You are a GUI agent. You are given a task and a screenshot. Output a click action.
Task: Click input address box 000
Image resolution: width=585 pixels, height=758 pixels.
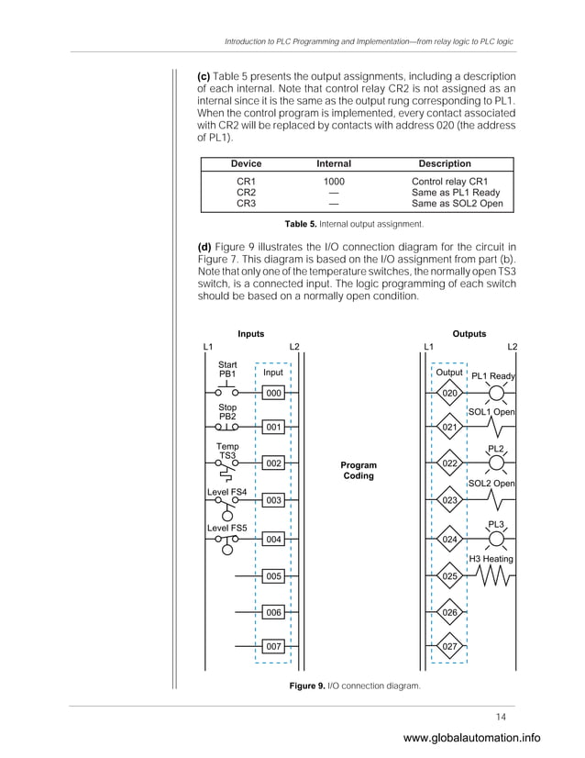[x=273, y=393]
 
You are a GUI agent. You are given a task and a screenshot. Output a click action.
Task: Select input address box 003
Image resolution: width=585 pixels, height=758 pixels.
[x=273, y=501]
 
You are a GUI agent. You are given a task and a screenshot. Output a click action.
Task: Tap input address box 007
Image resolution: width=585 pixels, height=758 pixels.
[x=273, y=647]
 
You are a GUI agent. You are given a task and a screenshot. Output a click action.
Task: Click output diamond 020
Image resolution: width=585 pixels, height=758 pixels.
[x=449, y=394]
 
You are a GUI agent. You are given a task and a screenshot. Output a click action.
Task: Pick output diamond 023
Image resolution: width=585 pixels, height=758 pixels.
[x=449, y=501]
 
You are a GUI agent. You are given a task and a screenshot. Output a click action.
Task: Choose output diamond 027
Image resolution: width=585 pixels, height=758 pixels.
[x=449, y=647]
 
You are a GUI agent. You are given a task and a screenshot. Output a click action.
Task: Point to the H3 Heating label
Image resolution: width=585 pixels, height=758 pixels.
[x=491, y=559]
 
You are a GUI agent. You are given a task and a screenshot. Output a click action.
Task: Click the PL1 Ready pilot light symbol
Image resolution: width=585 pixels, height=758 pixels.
[x=496, y=394]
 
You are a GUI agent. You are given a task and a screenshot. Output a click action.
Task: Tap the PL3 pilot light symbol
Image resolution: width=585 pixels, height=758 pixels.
[x=496, y=540]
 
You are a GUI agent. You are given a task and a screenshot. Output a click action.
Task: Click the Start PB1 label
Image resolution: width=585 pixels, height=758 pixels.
[x=226, y=370]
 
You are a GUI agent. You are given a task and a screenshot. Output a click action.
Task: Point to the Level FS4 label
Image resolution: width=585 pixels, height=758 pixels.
[x=226, y=492]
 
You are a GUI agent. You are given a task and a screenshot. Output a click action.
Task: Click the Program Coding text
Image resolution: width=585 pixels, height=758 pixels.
[x=359, y=471]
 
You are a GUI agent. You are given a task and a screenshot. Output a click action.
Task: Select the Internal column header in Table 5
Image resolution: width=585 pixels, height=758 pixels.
[x=334, y=164]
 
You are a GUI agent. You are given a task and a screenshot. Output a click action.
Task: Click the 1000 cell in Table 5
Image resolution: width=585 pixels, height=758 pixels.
[x=334, y=182]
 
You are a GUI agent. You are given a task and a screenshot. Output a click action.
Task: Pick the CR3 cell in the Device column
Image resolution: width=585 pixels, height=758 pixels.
[x=246, y=204]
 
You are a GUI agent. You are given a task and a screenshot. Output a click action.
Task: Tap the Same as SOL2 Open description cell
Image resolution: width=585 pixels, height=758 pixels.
[x=457, y=204]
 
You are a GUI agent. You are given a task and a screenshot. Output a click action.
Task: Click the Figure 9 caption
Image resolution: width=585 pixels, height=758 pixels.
[x=354, y=686]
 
